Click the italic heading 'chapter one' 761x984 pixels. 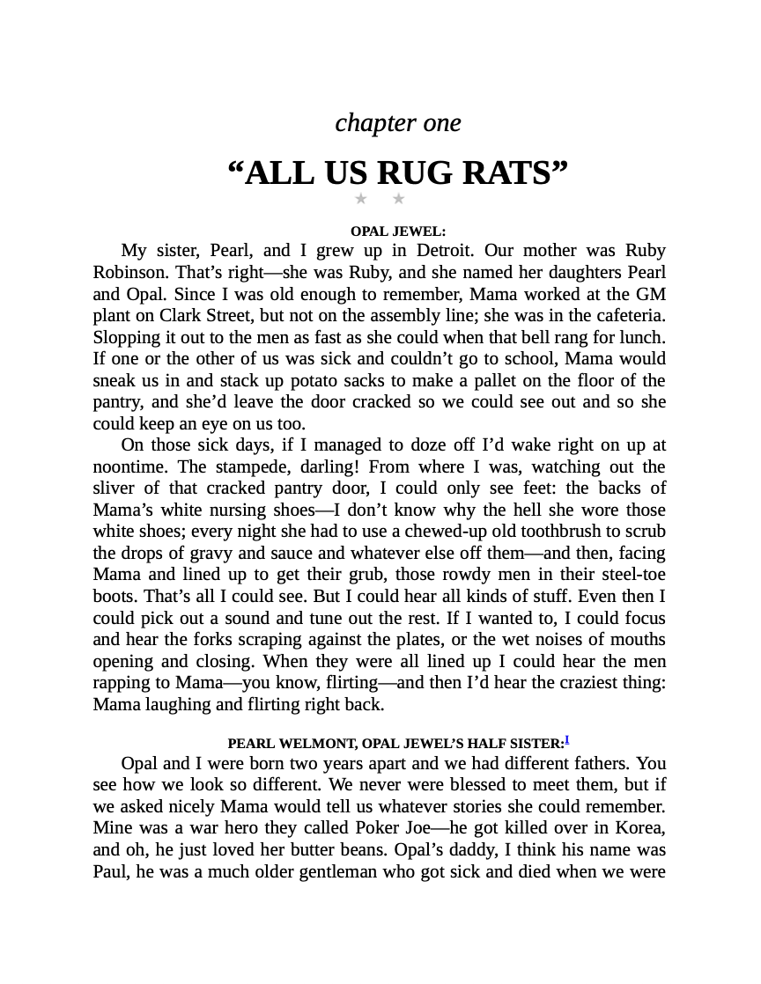[398, 123]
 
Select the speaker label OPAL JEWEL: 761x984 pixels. [398, 231]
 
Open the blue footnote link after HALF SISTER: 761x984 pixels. [567, 740]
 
